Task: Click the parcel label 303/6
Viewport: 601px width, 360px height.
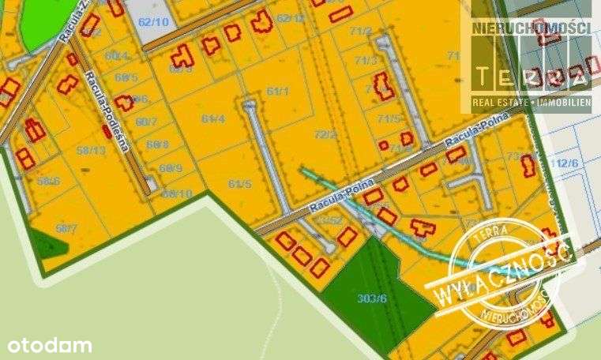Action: pyautogui.click(x=371, y=298)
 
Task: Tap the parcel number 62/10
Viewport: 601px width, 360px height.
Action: pyautogui.click(x=153, y=21)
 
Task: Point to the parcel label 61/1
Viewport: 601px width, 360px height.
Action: pyautogui.click(x=279, y=92)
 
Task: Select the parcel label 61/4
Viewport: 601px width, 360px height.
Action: pyautogui.click(x=214, y=118)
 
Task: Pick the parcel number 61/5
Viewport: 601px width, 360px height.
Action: pyautogui.click(x=240, y=184)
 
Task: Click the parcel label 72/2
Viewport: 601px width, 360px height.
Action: pyautogui.click(x=325, y=134)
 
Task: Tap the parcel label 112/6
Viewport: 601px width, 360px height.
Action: pyautogui.click(x=566, y=163)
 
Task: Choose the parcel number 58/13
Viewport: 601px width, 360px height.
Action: pyautogui.click(x=92, y=150)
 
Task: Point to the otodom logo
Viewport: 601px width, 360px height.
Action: pyautogui.click(x=49, y=345)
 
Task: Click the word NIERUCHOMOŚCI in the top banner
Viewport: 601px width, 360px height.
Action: pyautogui.click(x=531, y=28)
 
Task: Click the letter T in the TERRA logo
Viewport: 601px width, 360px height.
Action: pyautogui.click(x=483, y=75)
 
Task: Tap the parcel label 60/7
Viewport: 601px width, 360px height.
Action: pyautogui.click(x=147, y=122)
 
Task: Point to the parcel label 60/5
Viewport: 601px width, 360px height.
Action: pyautogui.click(x=126, y=77)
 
